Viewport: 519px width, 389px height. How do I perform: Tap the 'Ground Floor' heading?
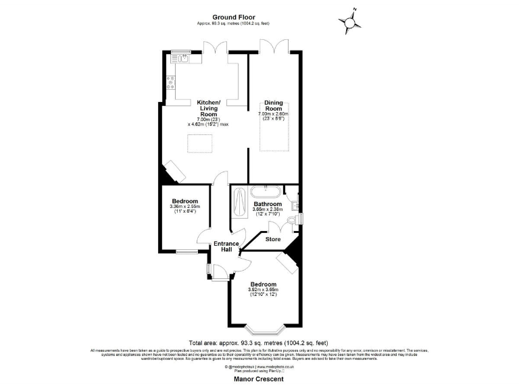pos(232,16)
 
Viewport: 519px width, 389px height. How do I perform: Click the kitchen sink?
pos(183,59)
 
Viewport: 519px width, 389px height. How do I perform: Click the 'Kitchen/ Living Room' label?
pos(209,109)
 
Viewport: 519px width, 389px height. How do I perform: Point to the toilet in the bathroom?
pos(293,220)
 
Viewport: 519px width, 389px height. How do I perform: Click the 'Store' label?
pos(272,238)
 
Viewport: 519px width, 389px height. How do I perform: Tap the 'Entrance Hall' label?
pos(226,247)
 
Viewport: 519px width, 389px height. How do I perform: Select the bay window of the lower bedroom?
pos(264,329)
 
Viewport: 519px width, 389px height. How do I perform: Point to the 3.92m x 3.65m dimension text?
pos(264,292)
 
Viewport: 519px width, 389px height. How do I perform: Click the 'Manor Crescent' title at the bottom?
pos(259,379)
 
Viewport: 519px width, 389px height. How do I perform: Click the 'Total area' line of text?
pos(259,342)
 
